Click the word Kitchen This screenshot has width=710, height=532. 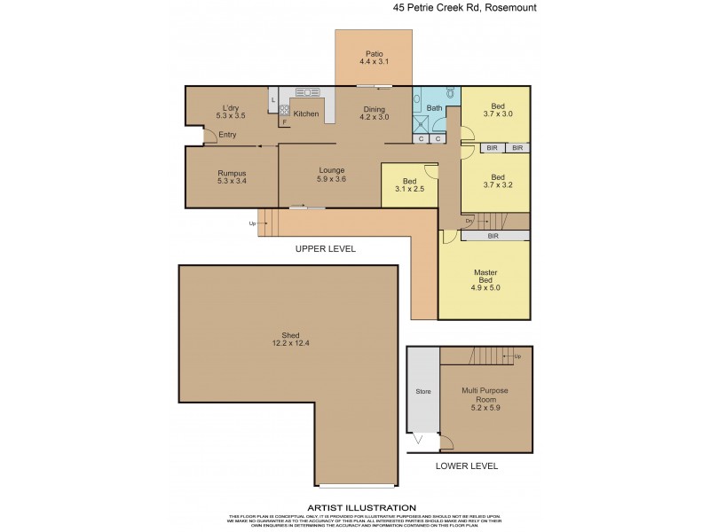point(306,113)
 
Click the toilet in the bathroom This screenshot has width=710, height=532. point(450,92)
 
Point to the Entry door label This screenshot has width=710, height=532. point(228,135)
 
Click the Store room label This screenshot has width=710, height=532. point(423,390)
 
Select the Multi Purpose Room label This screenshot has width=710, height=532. point(484,395)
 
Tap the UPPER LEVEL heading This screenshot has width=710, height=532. point(325,249)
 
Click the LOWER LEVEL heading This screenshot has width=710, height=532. point(467,465)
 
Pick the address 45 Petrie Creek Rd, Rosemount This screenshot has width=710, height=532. point(465,8)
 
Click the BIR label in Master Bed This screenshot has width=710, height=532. point(493,237)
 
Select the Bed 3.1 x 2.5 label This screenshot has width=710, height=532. point(409,185)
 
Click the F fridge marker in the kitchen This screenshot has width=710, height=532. point(284,123)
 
